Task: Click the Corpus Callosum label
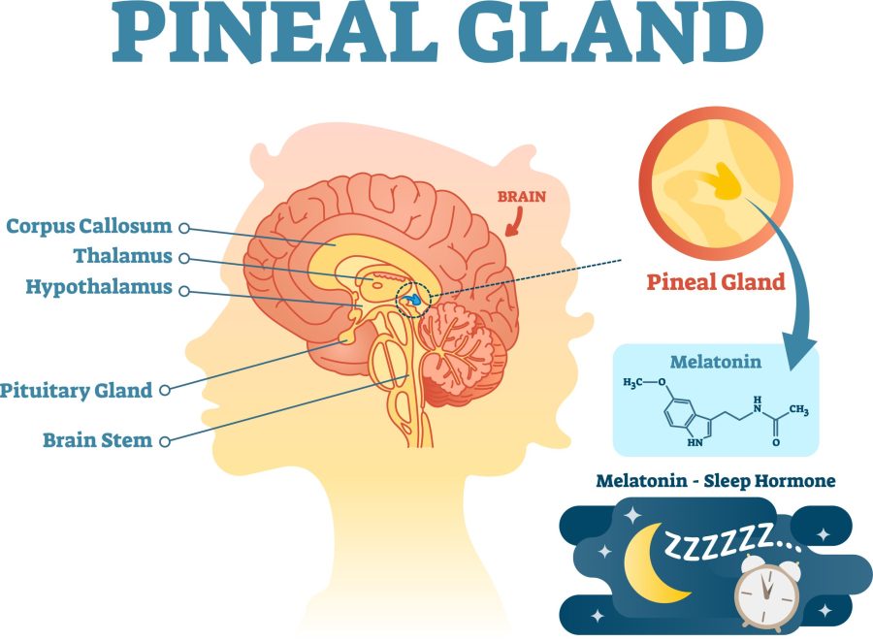89,226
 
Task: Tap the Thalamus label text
123,256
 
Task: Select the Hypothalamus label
99,288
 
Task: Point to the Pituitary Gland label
77,391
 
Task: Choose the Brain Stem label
97,440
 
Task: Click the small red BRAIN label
522,197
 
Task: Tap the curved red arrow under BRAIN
515,222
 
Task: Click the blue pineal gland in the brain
412,299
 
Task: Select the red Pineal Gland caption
716,282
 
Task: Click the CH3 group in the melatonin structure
799,410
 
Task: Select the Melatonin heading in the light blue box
716,362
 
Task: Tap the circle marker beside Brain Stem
164,441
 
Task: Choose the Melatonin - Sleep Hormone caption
716,480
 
